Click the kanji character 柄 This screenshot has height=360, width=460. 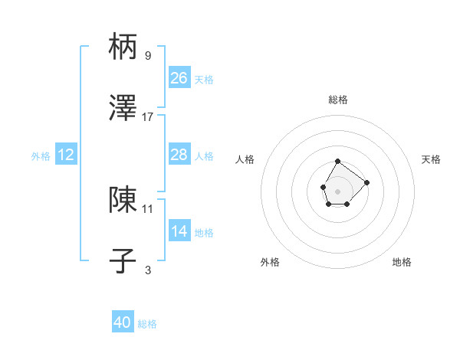(123, 47)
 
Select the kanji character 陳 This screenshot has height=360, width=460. (123, 200)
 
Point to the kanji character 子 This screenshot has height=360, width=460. (123, 261)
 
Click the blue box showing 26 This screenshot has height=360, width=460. (179, 78)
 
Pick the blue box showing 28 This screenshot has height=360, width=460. (179, 155)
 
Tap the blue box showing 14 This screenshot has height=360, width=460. (179, 231)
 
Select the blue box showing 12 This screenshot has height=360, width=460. (66, 155)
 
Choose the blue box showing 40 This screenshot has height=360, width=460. (123, 323)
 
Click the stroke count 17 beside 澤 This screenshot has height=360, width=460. (148, 117)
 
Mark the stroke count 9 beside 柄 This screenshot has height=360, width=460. (148, 56)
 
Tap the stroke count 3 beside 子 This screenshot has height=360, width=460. (148, 270)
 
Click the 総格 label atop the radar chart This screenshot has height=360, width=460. (338, 100)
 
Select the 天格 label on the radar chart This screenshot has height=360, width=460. (432, 159)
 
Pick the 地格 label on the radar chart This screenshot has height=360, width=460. (402, 263)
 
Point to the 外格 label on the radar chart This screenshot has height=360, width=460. (270, 263)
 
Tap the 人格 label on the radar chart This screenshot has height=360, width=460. (245, 159)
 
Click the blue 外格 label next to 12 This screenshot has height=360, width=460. (41, 156)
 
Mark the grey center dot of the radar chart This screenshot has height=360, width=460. (337, 190)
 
